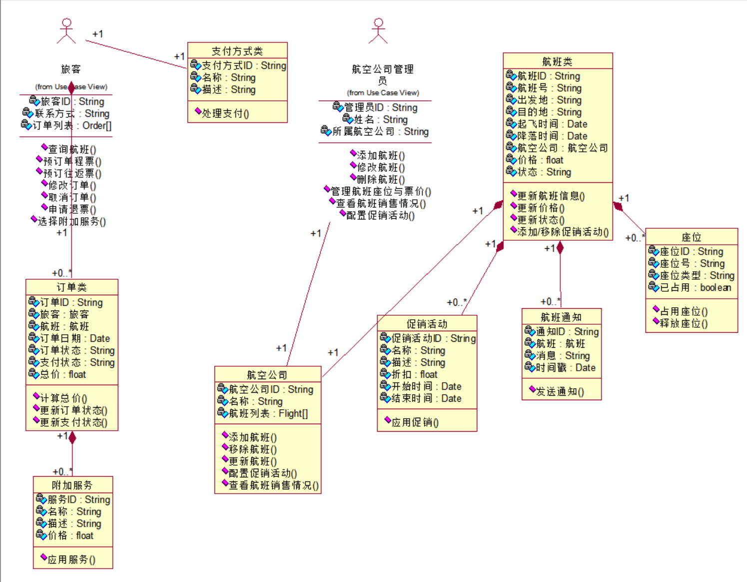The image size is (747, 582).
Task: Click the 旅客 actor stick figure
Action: pos(66,31)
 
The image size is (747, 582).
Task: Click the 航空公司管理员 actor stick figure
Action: pos(378,31)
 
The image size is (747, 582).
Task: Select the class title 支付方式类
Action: pos(237,51)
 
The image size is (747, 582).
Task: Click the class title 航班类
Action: pos(557,61)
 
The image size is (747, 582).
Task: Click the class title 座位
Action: pos(691,237)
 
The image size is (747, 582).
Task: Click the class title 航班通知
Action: pos(561,317)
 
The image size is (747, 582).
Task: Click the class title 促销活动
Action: pos(427,324)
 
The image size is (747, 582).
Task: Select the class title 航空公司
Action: pos(267,375)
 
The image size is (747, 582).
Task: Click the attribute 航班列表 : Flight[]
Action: pos(268,413)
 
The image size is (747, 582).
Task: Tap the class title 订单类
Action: pos(71,287)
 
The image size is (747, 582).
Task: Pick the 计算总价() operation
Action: pos(63,398)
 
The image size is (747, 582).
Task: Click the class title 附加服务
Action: pos(72,485)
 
